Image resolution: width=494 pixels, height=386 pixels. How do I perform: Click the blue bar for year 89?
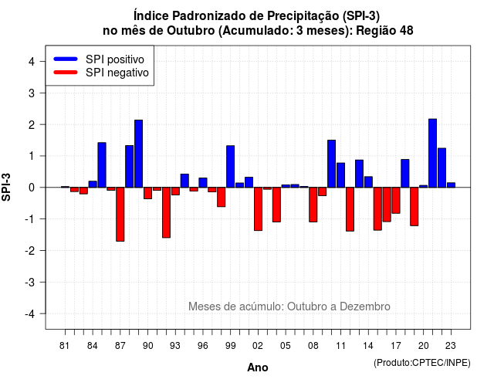point(139,154)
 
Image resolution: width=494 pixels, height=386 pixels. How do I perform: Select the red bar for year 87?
point(120,215)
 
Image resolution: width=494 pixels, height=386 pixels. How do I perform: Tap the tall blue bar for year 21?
point(432,153)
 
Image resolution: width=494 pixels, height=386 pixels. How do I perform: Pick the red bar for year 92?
point(167,212)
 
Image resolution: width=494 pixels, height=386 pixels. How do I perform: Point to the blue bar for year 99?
point(230,167)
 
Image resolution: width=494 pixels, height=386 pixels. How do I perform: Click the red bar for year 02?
point(258,209)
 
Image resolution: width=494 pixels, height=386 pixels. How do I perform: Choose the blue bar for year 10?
point(331,164)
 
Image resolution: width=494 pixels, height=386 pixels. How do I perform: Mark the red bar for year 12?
point(350,209)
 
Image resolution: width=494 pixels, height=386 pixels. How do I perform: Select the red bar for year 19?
point(414,206)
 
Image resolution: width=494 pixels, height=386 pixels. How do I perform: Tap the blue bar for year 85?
point(102,164)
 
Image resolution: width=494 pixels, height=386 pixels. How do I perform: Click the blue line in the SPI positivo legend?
point(66,59)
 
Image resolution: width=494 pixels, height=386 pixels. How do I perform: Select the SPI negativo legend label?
point(117,73)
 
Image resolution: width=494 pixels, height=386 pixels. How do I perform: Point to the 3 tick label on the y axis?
point(32,93)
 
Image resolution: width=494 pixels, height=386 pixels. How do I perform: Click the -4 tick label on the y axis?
point(30,314)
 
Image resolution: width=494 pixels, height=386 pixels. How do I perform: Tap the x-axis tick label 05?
point(286,346)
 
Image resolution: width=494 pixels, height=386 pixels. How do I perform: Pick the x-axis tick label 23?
point(451,346)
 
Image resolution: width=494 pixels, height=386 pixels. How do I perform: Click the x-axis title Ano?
point(258,367)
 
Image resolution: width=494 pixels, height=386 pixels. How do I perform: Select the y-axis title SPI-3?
point(6,187)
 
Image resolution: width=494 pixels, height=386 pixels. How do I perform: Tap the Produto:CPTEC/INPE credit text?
point(422,363)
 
